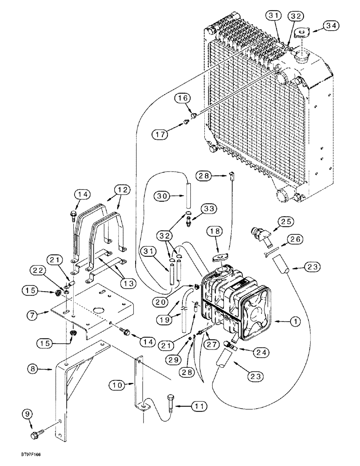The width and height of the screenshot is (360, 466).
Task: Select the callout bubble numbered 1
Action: click(284, 321)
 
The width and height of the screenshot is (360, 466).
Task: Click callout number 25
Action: click(286, 221)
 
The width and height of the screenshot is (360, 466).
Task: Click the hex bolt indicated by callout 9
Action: click(36, 435)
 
